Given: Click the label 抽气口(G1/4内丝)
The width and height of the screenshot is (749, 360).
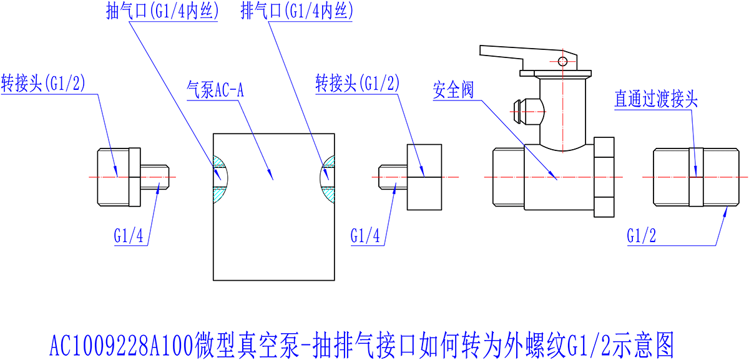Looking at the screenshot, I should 162,13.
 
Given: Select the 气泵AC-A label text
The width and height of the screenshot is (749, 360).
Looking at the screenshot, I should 215,90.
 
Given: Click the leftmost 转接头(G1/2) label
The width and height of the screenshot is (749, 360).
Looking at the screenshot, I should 43,84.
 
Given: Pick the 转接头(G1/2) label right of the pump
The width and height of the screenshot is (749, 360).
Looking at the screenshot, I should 358,84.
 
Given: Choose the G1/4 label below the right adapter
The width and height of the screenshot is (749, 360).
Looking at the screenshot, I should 366,236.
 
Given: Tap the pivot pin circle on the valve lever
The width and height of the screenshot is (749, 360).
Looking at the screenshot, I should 562,61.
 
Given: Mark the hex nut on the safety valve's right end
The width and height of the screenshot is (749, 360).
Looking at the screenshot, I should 604,177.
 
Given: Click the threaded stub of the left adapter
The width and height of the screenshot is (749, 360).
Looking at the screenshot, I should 155,177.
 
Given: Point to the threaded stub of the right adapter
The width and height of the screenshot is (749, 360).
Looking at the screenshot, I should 393,177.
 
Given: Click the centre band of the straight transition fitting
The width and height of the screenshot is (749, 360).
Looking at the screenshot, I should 697,177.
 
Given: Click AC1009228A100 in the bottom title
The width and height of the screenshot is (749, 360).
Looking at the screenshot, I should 122,344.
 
